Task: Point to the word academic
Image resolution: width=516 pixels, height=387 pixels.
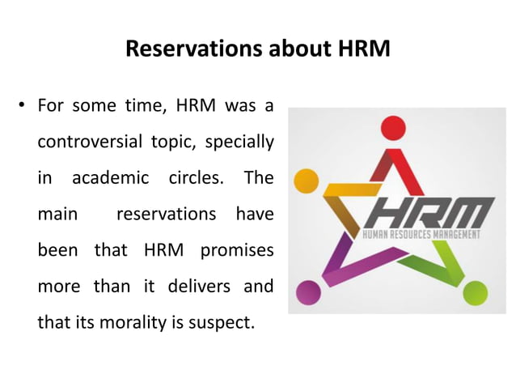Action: [111, 178]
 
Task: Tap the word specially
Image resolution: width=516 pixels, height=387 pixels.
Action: [238, 142]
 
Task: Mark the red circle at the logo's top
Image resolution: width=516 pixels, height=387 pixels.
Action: [392, 127]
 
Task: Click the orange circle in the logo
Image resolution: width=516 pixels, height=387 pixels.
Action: [305, 180]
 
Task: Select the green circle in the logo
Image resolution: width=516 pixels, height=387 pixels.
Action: [476, 291]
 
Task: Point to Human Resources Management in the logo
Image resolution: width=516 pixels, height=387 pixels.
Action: [423, 236]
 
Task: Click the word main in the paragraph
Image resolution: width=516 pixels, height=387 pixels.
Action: [57, 215]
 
